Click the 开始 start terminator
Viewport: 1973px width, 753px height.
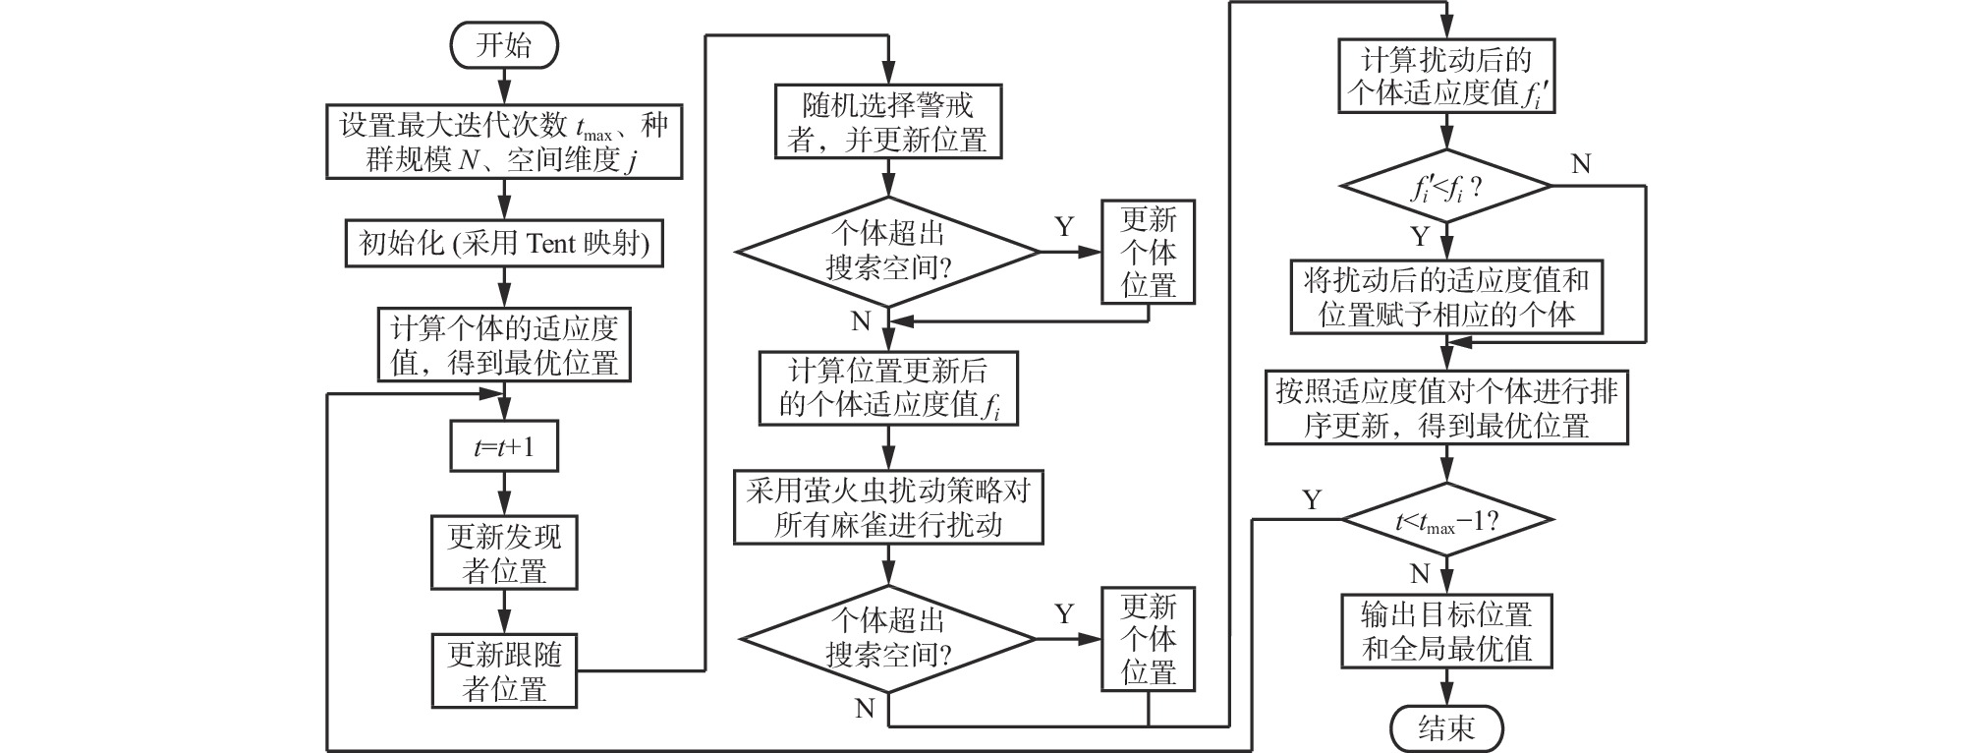click(x=504, y=46)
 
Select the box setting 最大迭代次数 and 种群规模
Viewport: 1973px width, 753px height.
click(x=504, y=142)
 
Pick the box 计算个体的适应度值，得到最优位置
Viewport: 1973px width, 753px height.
click(x=504, y=345)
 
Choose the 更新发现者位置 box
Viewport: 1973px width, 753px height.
click(x=504, y=552)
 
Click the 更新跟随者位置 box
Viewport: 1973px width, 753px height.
click(x=504, y=670)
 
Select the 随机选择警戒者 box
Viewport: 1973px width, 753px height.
click(x=887, y=122)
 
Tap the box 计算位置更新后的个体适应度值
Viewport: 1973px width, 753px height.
click(x=887, y=388)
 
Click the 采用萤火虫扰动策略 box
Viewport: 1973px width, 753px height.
click(x=887, y=507)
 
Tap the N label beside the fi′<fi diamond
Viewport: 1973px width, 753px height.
click(x=1581, y=164)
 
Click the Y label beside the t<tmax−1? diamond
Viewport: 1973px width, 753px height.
click(x=1312, y=500)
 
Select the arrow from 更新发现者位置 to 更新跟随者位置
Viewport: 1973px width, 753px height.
click(x=504, y=611)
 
